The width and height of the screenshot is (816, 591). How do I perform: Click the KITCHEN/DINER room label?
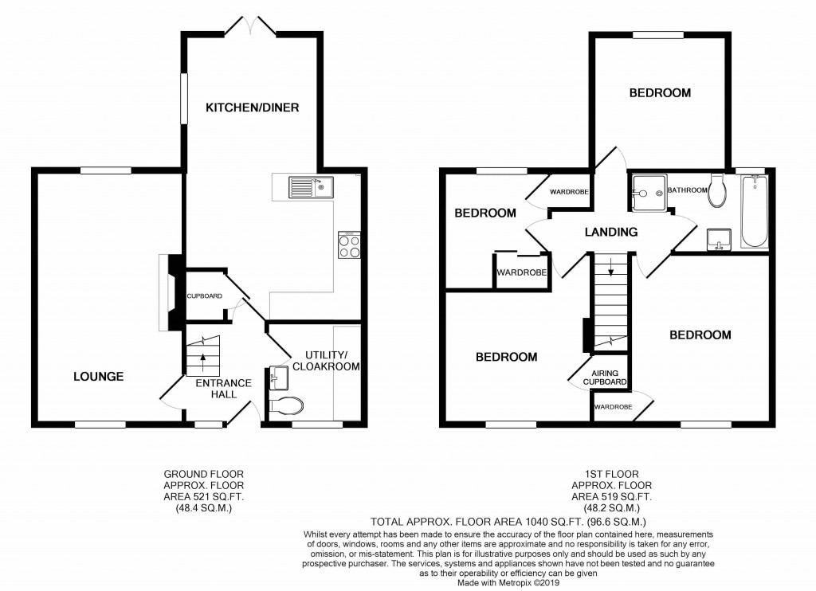pyautogui.click(x=241, y=107)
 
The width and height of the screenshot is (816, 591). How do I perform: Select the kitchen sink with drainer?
pyautogui.click(x=312, y=188)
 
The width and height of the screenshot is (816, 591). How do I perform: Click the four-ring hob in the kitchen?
pyautogui.click(x=350, y=245)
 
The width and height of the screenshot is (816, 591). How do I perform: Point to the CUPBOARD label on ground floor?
pyautogui.click(x=205, y=296)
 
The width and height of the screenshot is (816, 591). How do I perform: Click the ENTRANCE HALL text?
pyautogui.click(x=224, y=389)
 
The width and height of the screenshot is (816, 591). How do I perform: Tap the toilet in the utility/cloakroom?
pyautogui.click(x=287, y=406)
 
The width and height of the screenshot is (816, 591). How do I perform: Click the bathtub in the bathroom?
pyautogui.click(x=754, y=213)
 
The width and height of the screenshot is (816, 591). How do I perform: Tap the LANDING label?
pyautogui.click(x=611, y=233)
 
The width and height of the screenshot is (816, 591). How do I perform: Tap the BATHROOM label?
pyautogui.click(x=687, y=190)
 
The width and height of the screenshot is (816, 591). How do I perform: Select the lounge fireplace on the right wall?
pyautogui.click(x=169, y=292)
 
